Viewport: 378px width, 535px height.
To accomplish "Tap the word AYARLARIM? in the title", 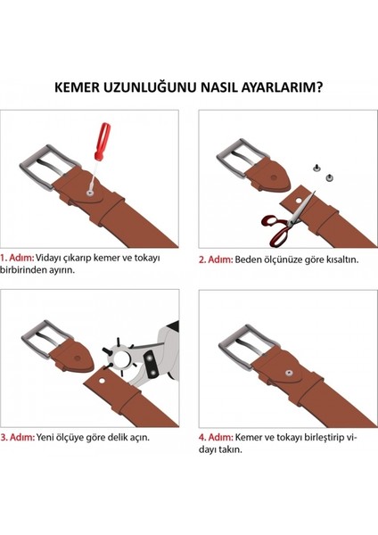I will click(280, 86).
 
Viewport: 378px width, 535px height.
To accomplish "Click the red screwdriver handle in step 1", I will click(103, 139).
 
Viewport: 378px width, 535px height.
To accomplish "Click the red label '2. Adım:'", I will click(215, 259).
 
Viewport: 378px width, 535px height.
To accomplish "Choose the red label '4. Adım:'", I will click(215, 438).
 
